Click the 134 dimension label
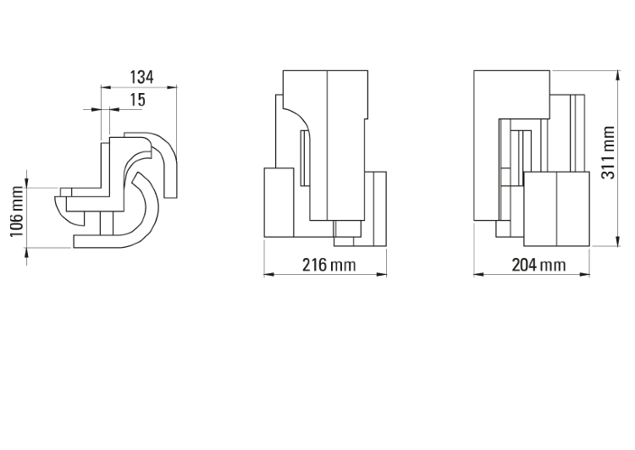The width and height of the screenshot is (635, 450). coord(141,77)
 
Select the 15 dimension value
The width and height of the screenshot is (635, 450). coord(138,100)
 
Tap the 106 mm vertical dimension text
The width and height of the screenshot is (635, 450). coord(17,211)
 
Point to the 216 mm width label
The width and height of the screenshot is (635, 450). coord(329,265)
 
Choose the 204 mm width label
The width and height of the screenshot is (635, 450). coord(538,265)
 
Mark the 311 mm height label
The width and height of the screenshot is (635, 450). coord(608,152)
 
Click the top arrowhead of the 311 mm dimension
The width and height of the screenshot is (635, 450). coord(617,75)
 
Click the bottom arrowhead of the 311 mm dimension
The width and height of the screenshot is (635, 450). coord(617,241)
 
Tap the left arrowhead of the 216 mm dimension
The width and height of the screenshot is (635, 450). coord(269,274)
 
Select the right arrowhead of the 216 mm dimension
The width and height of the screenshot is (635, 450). coord(382,274)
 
